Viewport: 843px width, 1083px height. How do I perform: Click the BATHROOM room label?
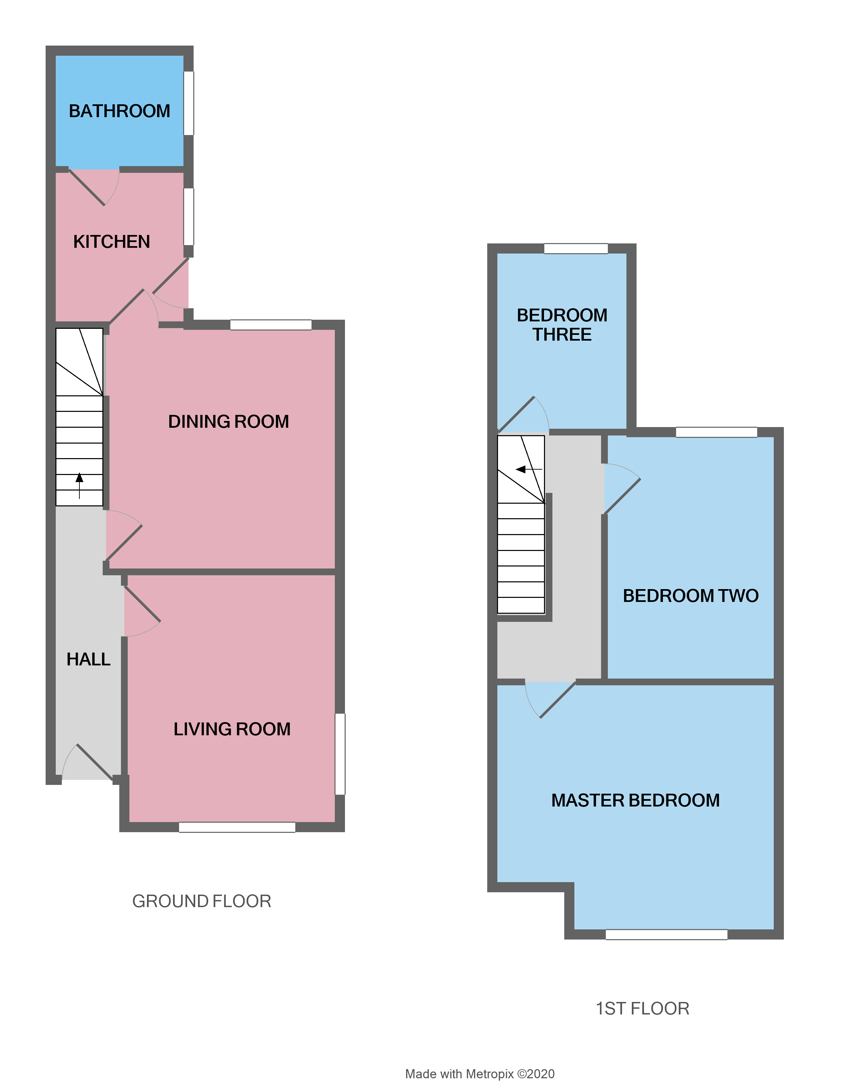coord(120,111)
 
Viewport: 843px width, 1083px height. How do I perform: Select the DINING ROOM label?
coord(228,422)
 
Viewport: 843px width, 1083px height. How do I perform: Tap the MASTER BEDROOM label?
coord(635,800)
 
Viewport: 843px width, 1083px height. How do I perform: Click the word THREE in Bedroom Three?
coord(562,335)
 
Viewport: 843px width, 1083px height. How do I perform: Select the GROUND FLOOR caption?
coord(201,901)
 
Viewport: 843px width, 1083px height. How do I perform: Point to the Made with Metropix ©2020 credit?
coord(480,1074)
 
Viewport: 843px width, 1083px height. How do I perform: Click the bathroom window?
coord(189,103)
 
